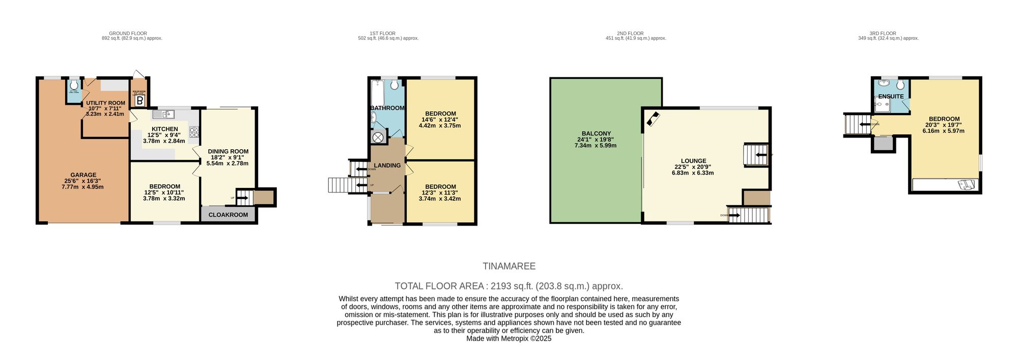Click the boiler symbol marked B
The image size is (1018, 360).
click(x=139, y=101)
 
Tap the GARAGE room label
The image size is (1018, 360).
click(x=83, y=175)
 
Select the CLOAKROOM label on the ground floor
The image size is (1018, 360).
click(x=228, y=215)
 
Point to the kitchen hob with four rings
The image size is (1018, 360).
click(x=194, y=132)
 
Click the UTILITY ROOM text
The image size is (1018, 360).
click(x=105, y=103)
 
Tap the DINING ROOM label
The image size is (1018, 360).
click(x=228, y=151)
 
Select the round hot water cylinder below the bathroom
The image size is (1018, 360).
click(x=378, y=137)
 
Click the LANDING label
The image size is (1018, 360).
click(x=387, y=165)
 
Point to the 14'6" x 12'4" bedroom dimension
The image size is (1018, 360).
click(x=440, y=120)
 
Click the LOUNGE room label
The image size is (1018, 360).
click(x=693, y=161)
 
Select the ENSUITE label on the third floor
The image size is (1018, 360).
click(x=891, y=96)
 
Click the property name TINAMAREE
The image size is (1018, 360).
click(x=509, y=266)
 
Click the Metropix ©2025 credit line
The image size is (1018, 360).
click(x=508, y=338)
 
